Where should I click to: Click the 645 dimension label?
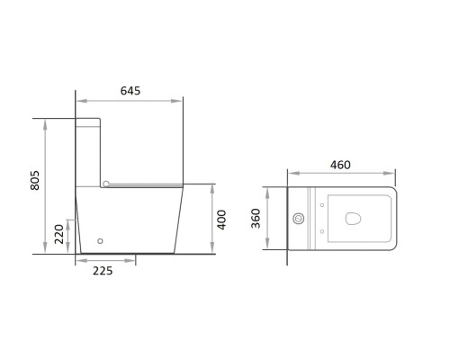tap(130, 91)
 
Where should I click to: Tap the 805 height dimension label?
tap(35, 180)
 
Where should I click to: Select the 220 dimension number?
tap(59, 234)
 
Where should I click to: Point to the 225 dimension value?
tap(103, 271)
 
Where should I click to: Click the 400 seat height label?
tap(221, 220)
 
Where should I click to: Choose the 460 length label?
tap(340, 165)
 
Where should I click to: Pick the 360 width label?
tap(256, 218)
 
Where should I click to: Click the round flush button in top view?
tap(299, 219)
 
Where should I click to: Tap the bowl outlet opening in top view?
tap(353, 218)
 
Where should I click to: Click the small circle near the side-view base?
tap(101, 240)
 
